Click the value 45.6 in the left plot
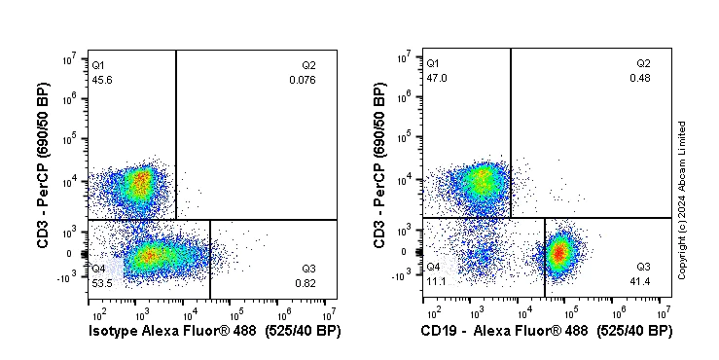101,80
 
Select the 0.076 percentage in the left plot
302,80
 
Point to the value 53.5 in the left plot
101,282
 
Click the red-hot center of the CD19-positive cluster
558,253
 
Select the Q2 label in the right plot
643,63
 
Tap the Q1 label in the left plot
98,65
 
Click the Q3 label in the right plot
643,266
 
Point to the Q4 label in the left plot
98,268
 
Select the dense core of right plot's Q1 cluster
481,180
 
